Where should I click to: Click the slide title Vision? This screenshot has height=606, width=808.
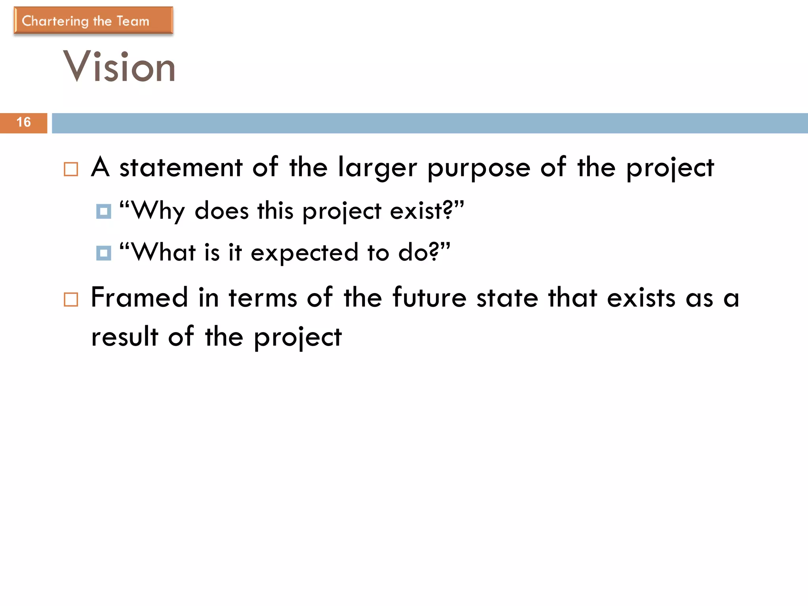119,67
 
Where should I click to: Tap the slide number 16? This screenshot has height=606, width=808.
24,122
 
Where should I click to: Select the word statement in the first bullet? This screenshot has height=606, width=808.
181,167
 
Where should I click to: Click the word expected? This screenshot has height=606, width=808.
304,253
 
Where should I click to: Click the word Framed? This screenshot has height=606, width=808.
139,297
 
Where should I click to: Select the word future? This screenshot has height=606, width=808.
430,297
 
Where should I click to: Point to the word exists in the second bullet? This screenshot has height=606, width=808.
641,297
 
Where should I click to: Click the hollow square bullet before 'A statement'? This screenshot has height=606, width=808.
71,169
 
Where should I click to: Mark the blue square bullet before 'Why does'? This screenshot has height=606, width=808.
104,211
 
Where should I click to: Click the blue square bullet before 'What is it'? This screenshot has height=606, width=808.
104,253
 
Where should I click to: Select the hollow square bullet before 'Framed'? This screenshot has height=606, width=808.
71,299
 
